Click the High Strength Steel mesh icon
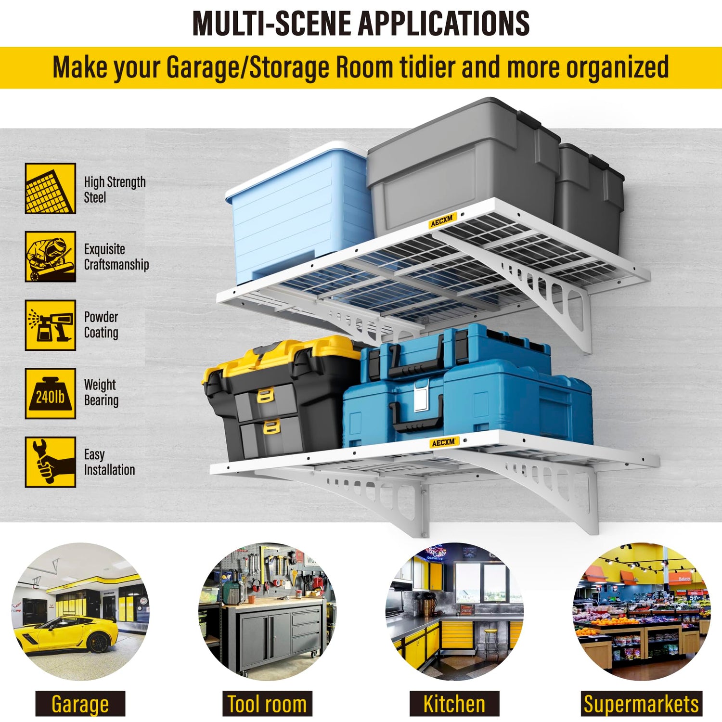point(51,188)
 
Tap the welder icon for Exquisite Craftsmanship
point(51,256)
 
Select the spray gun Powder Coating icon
point(51,325)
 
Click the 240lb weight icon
point(51,393)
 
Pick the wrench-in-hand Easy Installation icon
point(51,462)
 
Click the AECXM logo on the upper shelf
point(442,221)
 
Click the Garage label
point(80,704)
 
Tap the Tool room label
point(267,704)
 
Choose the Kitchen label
point(454,704)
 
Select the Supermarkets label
point(641,704)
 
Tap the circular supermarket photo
point(642,612)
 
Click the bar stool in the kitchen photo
point(491,643)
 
